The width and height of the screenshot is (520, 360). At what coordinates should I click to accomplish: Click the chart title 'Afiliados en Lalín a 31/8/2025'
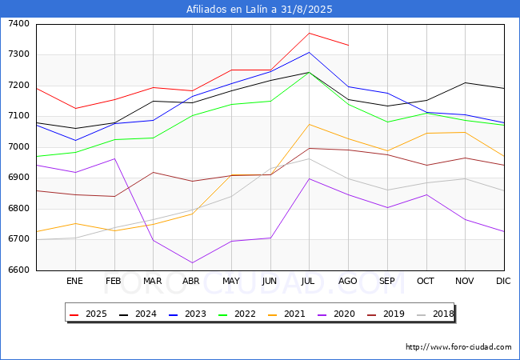coord(259,9)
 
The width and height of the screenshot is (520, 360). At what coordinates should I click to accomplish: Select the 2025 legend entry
coord(88,314)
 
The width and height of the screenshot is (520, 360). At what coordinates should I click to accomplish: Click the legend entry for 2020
coord(336,314)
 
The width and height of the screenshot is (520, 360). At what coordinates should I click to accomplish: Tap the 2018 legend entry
coord(435,314)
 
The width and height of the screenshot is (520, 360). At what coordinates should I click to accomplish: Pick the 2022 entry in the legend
coord(237,314)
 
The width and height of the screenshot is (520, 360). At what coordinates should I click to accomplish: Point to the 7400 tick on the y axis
coord(19,23)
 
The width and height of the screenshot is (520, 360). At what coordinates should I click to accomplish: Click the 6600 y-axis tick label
coord(19,270)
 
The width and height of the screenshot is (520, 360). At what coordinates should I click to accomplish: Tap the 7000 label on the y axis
coord(19,146)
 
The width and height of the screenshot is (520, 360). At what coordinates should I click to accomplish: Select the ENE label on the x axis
coord(75,281)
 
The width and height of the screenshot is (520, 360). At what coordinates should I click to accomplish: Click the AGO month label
coord(348,281)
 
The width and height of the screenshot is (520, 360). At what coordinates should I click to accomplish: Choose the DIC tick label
coord(503,281)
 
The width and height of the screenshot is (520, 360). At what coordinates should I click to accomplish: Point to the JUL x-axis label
coord(308,281)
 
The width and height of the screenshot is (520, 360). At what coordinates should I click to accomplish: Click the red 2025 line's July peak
coord(309,33)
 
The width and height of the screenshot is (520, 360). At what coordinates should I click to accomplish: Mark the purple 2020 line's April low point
coord(192,263)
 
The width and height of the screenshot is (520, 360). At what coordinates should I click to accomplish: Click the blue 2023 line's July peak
coord(309,52)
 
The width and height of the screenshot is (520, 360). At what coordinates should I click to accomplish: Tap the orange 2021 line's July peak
coord(309,124)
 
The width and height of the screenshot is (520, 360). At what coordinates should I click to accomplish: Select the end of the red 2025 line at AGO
coord(348,45)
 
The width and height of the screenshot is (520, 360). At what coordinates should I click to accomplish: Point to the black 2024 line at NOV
coord(466,82)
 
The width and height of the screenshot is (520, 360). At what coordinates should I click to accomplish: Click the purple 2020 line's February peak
coord(114,158)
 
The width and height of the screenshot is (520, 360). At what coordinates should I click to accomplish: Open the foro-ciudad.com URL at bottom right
coord(458,347)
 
